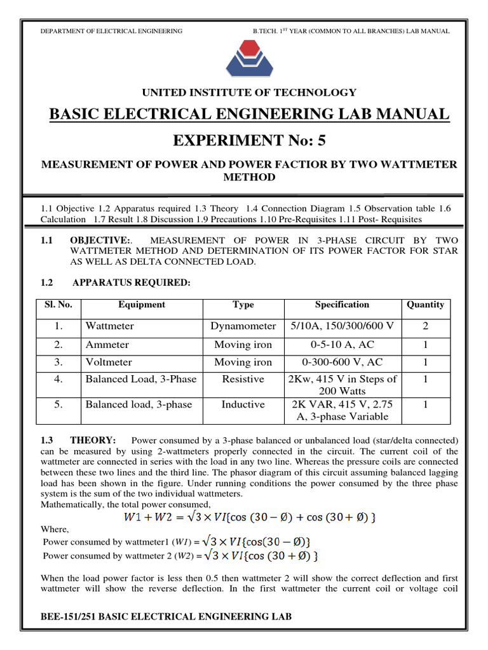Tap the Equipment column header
tap(141, 305)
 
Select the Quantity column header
tap(425, 305)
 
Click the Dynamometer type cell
tap(243, 326)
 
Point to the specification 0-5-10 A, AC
tap(342, 345)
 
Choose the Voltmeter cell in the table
tap(109, 362)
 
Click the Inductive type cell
tap(243, 404)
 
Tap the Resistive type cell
tap(243, 379)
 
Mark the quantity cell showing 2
tap(425, 326)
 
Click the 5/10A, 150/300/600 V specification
tap(342, 326)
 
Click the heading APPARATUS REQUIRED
tap(132, 282)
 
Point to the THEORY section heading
tap(93, 441)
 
